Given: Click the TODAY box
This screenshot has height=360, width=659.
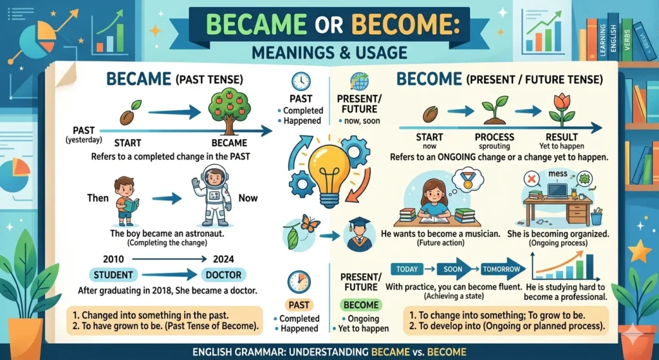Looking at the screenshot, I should coord(407,268).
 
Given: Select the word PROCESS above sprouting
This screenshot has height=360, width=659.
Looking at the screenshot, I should coord(494,137).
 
